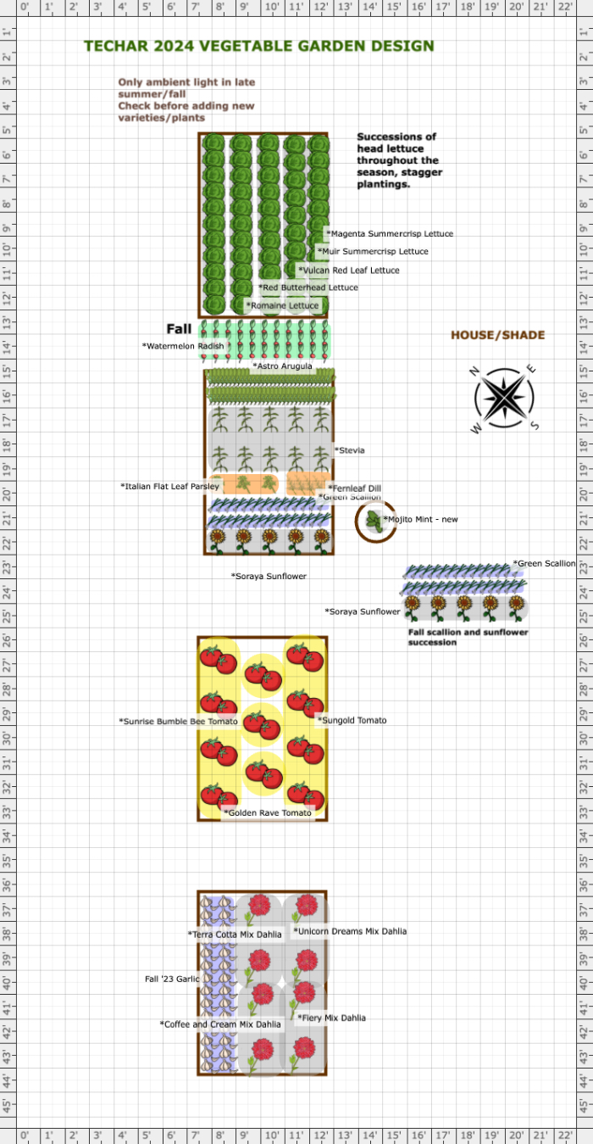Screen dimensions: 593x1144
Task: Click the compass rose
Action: [504, 399]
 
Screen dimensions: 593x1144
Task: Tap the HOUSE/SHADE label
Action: [497, 335]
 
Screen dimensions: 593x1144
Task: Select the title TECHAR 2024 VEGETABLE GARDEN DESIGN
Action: [258, 46]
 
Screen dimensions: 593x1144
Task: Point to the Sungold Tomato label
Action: [352, 720]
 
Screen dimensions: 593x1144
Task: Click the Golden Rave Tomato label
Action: [268, 812]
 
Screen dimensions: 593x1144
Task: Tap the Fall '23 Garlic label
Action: [172, 979]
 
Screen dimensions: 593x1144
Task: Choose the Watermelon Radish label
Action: [183, 346]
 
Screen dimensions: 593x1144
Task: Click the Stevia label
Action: [350, 450]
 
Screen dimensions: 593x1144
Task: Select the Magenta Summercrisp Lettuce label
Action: [390, 233]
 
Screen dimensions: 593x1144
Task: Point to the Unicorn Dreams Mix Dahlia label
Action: [350, 931]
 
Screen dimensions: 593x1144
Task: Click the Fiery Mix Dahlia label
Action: [332, 1018]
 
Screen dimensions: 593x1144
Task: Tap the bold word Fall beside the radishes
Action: [179, 329]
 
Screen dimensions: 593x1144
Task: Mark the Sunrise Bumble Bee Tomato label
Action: [179, 721]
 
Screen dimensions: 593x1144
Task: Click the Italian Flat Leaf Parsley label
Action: [170, 486]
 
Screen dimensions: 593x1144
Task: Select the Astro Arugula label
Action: [282, 366]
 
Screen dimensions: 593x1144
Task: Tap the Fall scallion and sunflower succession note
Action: [468, 637]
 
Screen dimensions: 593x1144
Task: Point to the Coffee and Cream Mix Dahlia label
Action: [220, 1024]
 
